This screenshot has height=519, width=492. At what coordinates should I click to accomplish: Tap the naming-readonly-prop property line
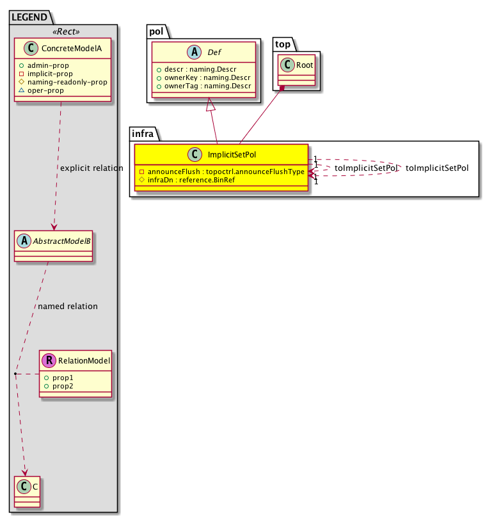pos(63,82)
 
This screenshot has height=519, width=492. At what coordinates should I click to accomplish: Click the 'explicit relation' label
pos(91,168)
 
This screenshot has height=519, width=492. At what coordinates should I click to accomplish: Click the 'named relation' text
pos(68,307)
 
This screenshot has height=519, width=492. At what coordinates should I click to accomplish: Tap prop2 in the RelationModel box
pos(65,387)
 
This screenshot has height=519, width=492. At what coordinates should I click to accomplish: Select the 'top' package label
pos(282,44)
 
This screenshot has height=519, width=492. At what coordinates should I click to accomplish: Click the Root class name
pos(304,65)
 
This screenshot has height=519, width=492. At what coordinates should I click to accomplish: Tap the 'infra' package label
pos(143,133)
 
